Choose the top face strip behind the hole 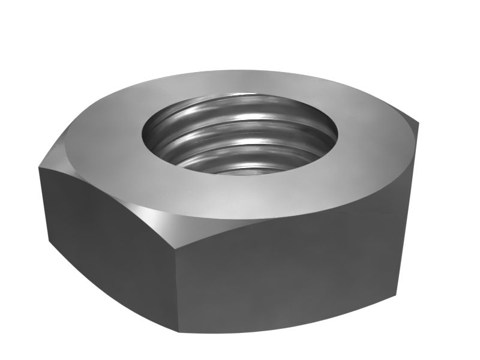pyautogui.click(x=240, y=84)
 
